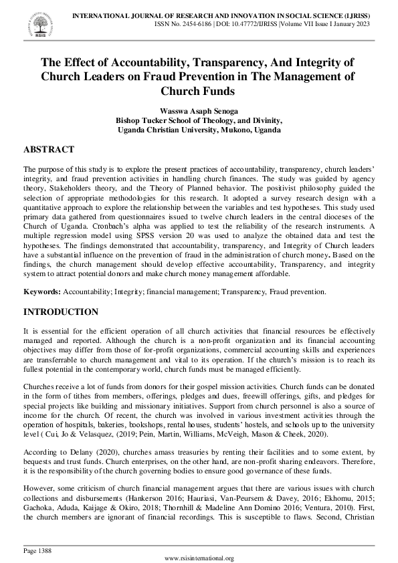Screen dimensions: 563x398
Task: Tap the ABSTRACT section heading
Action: pyautogui.click(x=49, y=150)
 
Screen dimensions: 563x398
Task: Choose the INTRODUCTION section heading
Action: pyautogui.click(x=61, y=312)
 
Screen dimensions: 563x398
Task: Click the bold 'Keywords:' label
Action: pyautogui.click(x=41, y=292)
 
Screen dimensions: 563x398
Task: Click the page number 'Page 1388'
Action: pyautogui.click(x=38, y=550)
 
